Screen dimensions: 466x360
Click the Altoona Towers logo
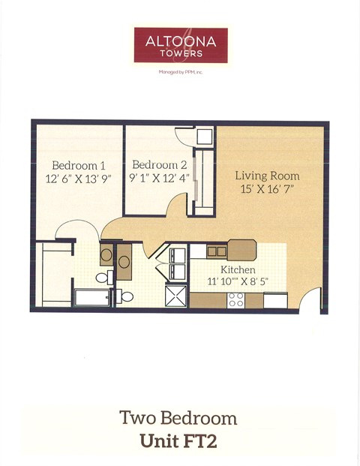[x=180, y=45]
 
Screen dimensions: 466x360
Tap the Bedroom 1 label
[x=79, y=165]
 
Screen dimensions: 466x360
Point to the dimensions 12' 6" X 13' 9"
[x=79, y=179]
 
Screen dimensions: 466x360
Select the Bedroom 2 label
[x=160, y=165]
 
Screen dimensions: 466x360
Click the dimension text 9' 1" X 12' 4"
[x=160, y=179]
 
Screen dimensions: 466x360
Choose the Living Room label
[x=267, y=176]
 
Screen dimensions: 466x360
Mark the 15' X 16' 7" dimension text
[x=267, y=189]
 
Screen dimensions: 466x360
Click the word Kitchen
[x=237, y=269]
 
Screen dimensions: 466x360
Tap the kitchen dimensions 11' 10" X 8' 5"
[x=237, y=282]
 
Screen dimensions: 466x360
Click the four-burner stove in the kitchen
[x=236, y=300]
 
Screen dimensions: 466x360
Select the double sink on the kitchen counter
[x=217, y=252]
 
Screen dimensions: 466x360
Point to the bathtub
[x=91, y=297]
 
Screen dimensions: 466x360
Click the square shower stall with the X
[x=177, y=295]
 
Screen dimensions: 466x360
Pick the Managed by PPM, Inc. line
[x=180, y=73]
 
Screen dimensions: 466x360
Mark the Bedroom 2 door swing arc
[x=177, y=203]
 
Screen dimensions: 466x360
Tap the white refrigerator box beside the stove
[x=275, y=300]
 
